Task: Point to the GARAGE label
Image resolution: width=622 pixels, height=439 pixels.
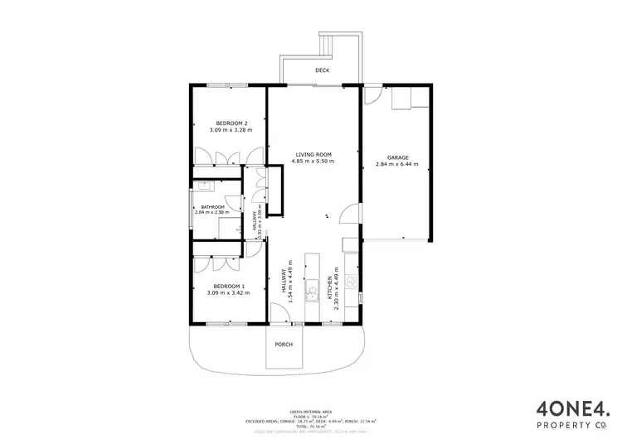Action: click(398, 157)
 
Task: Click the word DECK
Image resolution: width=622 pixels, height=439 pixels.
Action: click(323, 70)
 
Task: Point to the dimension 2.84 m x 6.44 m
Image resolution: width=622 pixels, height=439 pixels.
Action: click(398, 164)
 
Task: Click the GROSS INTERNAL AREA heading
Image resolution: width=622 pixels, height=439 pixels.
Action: click(310, 411)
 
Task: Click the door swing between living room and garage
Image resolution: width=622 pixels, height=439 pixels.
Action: click(352, 223)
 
